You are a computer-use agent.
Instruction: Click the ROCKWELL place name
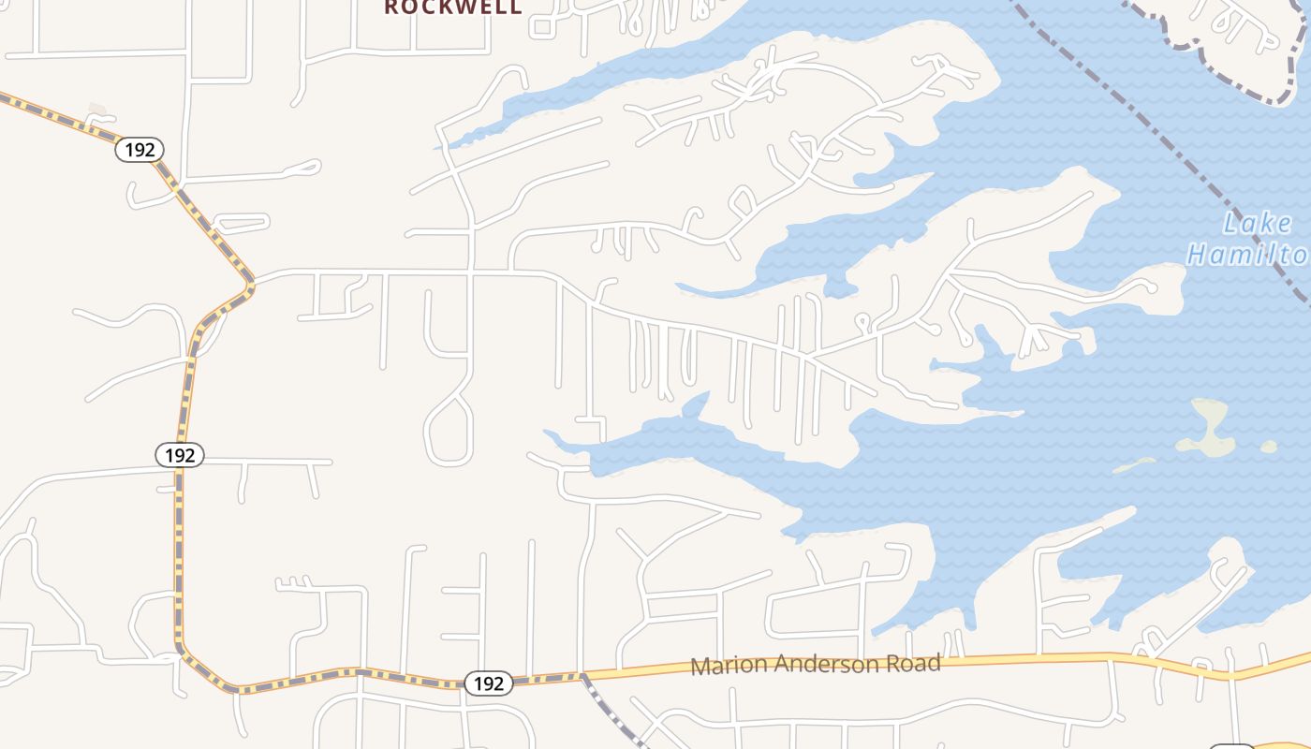click(453, 7)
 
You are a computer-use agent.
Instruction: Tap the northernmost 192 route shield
click(140, 150)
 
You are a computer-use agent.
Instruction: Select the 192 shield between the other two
click(179, 455)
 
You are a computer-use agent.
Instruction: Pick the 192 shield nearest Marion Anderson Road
click(488, 683)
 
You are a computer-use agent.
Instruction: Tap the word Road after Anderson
click(914, 663)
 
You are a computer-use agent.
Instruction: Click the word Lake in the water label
click(1258, 224)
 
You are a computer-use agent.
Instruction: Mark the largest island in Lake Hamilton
click(1209, 427)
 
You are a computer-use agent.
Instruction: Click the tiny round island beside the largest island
click(1269, 447)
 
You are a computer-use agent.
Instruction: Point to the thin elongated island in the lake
click(1135, 463)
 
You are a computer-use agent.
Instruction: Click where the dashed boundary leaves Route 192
click(582, 676)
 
